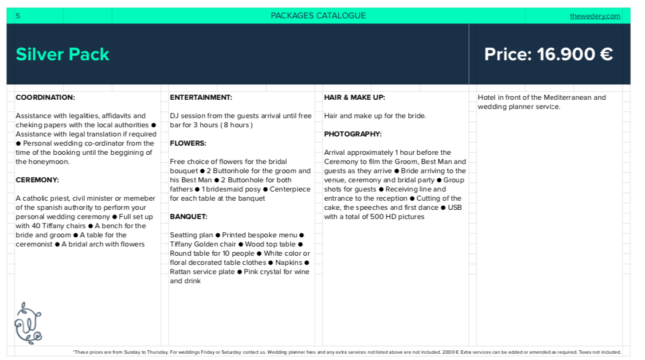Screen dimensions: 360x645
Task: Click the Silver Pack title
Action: pos(62,54)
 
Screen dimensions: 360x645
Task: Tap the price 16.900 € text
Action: pos(549,54)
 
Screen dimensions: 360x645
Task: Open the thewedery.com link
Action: pos(595,16)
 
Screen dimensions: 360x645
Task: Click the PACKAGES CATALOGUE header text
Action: pos(318,15)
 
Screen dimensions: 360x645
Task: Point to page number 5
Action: pos(18,16)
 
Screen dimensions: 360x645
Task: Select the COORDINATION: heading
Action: pos(45,97)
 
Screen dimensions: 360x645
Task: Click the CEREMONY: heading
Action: pos(37,180)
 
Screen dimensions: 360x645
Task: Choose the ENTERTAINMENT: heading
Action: pos(201,97)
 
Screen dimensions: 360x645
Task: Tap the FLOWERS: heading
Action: pos(188,143)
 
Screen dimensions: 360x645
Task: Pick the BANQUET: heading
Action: pos(189,217)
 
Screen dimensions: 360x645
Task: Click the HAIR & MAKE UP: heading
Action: pos(354,97)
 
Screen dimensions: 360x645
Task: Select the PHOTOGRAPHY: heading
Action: pos(353,134)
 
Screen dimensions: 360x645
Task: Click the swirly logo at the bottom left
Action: pos(28,323)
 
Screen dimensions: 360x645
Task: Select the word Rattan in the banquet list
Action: pos(181,272)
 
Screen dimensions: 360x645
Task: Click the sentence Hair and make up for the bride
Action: pos(375,116)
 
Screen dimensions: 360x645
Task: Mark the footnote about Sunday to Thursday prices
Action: pos(347,352)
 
